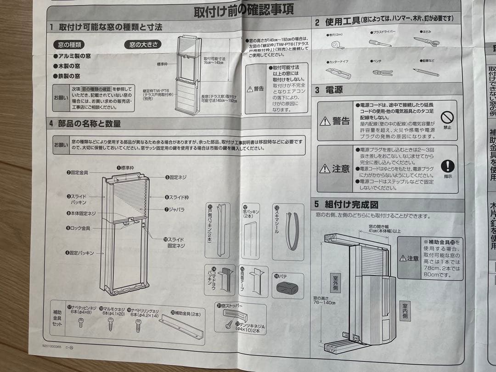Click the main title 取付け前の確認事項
click(x=243, y=9)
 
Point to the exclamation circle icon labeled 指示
click(x=447, y=167)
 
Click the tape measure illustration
click(x=338, y=44)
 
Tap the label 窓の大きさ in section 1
click(x=143, y=45)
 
